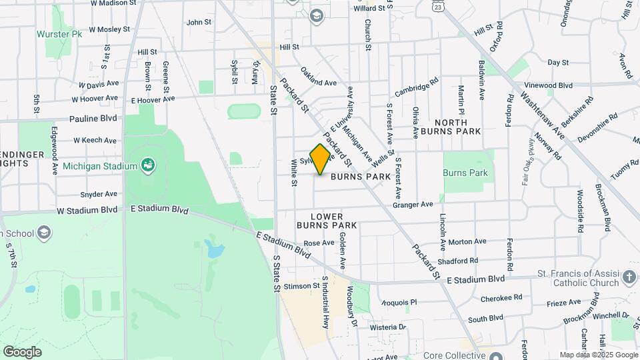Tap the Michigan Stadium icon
pos(147,165)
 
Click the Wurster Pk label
pos(59,33)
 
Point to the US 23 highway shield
pos(437,6)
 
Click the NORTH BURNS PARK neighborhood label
pos(457,127)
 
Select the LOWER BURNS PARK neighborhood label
pos(327,221)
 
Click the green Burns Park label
pos(465,173)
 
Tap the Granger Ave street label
pos(413,204)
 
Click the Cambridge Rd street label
pos(416,87)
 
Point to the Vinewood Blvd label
pos(548,85)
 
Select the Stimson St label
pos(302,286)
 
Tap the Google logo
pos(22,351)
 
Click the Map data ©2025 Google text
pos(597,355)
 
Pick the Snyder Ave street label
pos(99,194)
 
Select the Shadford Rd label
pos(458,261)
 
